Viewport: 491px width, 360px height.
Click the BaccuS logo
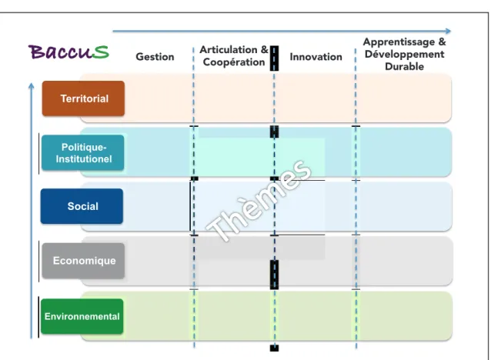click(x=68, y=52)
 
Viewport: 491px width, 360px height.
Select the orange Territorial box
click(x=83, y=98)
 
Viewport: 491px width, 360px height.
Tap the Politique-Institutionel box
click(x=83, y=153)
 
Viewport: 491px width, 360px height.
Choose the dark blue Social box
click(x=82, y=206)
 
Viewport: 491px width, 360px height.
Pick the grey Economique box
click(x=83, y=261)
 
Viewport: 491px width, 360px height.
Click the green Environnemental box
click(x=82, y=316)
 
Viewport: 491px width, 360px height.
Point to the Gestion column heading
click(x=155, y=57)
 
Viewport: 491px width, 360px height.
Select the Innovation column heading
click(x=316, y=57)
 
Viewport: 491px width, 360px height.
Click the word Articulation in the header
click(x=229, y=49)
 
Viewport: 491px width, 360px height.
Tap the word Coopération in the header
click(x=234, y=62)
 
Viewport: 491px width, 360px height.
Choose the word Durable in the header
click(x=404, y=66)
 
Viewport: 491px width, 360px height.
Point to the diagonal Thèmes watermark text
click(x=259, y=201)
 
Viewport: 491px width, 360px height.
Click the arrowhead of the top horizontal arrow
click(x=449, y=31)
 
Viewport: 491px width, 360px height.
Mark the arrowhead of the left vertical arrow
click(x=31, y=85)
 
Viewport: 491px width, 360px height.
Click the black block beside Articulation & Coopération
click(x=274, y=58)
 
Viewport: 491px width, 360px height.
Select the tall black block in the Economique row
click(x=274, y=275)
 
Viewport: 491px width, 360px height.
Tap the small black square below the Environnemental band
click(x=274, y=348)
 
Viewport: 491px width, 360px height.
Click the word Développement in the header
click(x=405, y=54)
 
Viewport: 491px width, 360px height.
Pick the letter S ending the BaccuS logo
click(x=100, y=52)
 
